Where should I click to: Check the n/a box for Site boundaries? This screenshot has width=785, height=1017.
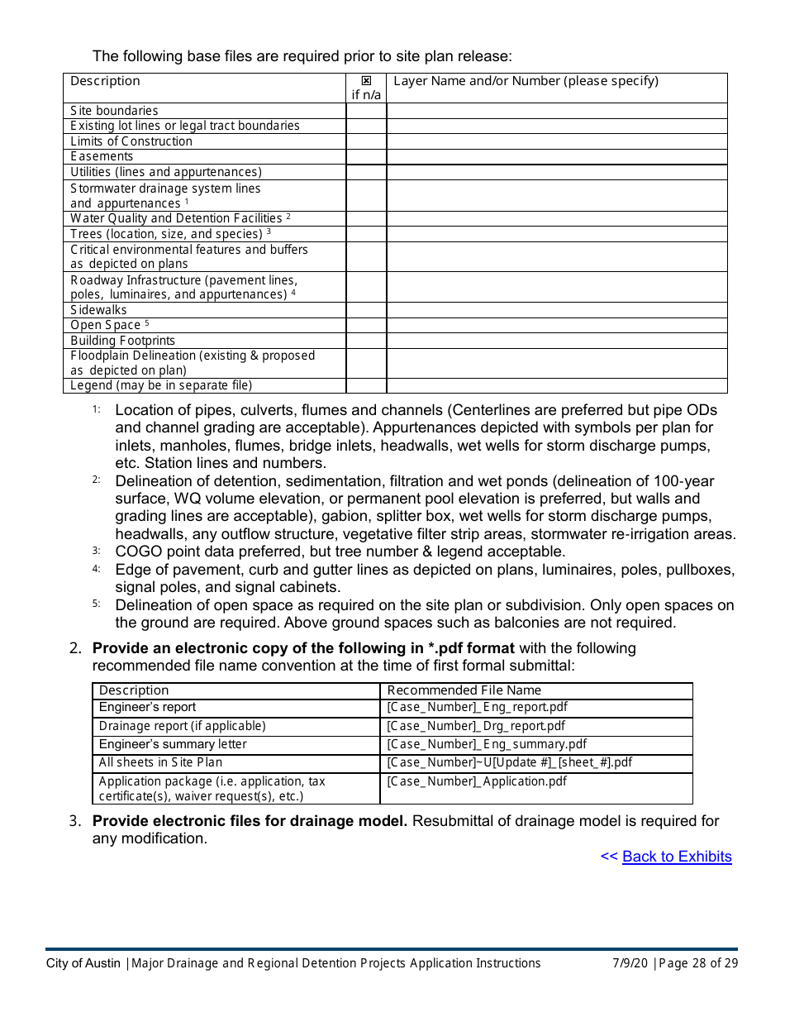(x=366, y=111)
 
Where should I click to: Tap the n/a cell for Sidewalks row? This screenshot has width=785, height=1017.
(x=366, y=310)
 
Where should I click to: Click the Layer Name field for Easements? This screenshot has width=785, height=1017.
(x=556, y=156)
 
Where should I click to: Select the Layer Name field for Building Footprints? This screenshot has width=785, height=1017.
(x=556, y=341)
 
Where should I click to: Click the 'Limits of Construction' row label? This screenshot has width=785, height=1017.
(x=131, y=141)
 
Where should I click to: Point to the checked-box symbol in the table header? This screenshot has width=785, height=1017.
(x=367, y=81)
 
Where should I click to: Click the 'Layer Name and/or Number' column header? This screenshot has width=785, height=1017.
(x=526, y=81)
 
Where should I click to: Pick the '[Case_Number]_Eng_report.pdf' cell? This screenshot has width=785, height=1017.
(x=477, y=708)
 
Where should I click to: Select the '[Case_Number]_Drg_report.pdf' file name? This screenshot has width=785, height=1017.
(x=476, y=726)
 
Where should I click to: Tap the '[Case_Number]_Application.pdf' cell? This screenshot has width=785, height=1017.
(x=477, y=781)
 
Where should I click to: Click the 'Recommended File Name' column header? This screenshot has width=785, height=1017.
(x=464, y=690)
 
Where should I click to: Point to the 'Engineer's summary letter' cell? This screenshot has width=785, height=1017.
(x=173, y=744)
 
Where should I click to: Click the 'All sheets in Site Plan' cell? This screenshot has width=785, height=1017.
(x=160, y=762)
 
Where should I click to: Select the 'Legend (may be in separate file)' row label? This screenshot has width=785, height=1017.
(x=161, y=385)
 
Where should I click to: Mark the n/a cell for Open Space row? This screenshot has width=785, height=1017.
(x=366, y=325)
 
